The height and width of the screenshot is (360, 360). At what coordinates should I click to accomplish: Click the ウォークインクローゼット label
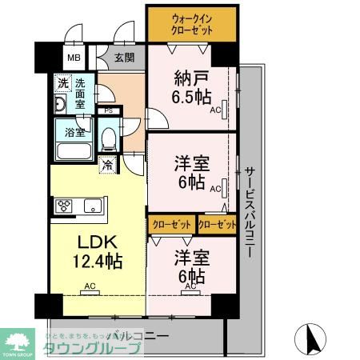point(191,23)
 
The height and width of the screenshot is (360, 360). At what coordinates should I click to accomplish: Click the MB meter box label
point(74,58)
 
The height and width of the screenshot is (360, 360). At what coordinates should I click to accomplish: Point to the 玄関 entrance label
point(124,58)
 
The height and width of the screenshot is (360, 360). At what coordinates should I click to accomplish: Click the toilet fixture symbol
point(109,138)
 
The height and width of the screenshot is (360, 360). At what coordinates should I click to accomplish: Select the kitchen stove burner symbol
point(64,206)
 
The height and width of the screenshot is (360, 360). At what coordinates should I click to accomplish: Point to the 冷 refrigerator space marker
point(108,166)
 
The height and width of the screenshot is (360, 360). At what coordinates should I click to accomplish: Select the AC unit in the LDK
point(90,290)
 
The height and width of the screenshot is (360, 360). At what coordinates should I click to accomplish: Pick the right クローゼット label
point(217,225)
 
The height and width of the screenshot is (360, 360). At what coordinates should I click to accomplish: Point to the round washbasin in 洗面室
point(60,105)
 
